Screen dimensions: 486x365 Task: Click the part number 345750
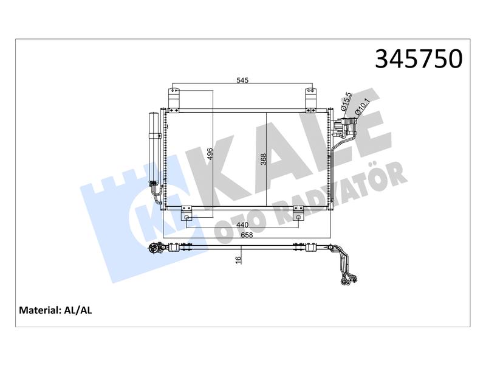(419, 58)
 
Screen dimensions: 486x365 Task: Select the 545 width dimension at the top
(242, 80)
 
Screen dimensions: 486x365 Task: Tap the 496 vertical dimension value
(210, 154)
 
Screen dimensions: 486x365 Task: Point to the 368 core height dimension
(264, 159)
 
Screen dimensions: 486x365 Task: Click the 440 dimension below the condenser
(242, 224)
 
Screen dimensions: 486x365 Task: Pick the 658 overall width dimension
(247, 235)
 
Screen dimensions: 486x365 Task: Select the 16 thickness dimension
(238, 260)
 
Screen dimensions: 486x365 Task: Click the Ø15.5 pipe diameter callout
(346, 102)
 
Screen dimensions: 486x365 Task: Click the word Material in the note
(39, 310)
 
